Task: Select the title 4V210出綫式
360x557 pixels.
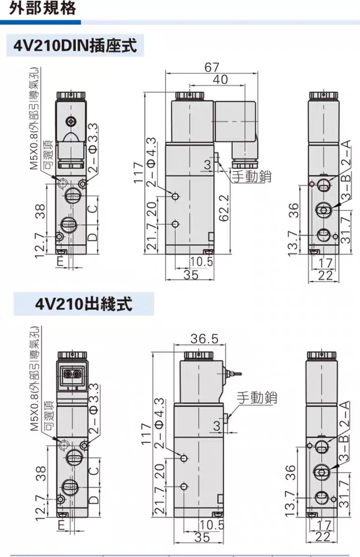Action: tap(84, 304)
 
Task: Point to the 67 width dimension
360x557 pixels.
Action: tap(212, 67)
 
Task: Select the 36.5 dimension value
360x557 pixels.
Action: tap(204, 338)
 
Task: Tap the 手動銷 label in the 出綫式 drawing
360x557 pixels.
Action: tap(257, 397)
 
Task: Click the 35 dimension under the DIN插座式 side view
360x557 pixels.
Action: tap(190, 275)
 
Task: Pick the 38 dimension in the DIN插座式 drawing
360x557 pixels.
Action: tap(40, 212)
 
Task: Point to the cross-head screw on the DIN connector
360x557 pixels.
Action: tap(71, 122)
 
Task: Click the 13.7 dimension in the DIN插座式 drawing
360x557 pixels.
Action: tap(292, 244)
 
